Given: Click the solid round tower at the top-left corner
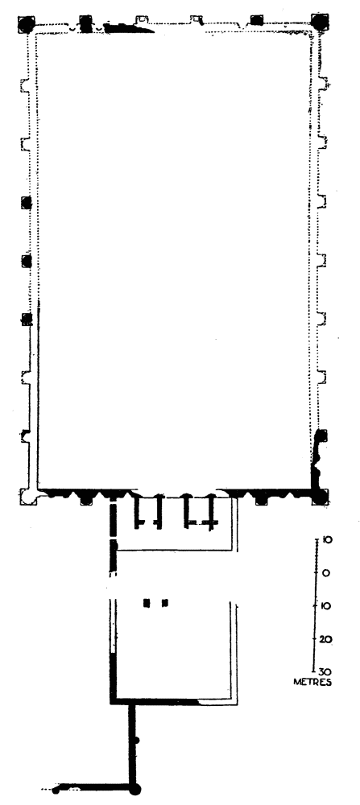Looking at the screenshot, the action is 26,24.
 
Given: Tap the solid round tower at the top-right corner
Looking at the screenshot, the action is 320,22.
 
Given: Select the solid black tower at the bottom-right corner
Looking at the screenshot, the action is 321,497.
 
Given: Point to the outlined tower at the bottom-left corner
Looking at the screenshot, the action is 28,497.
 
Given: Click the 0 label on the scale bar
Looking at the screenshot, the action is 327,573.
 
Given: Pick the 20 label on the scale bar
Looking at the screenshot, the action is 326,640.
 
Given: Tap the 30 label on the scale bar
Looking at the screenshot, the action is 325,672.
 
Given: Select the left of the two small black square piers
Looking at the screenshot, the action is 147,603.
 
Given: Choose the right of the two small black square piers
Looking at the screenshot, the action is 165,603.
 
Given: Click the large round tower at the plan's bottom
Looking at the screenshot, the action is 134,790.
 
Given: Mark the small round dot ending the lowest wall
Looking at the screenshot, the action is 56,791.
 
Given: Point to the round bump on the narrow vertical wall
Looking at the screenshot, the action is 137,740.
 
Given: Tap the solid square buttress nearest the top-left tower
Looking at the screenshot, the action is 85,22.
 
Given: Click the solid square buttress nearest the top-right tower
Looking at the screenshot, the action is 256,20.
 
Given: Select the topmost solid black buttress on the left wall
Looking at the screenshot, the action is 27,202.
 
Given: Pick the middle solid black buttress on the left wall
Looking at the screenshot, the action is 27,262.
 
